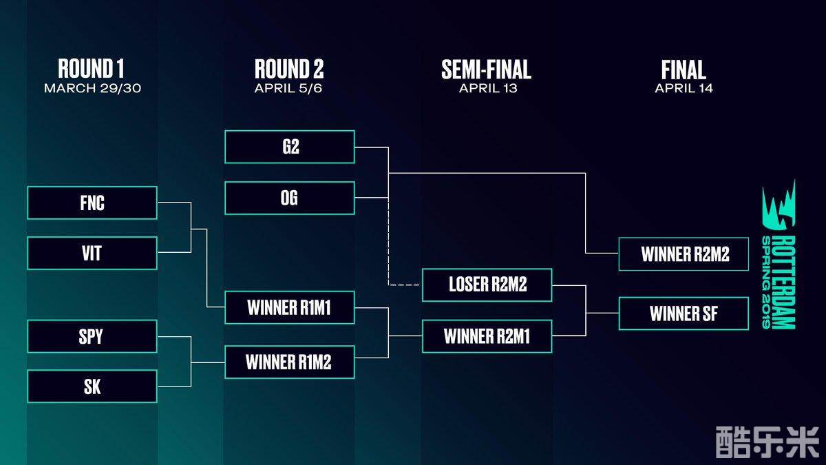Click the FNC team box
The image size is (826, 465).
(92, 203)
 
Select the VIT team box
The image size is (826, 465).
(92, 253)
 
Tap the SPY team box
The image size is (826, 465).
(92, 336)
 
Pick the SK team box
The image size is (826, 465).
(92, 386)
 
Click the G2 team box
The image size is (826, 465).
(290, 147)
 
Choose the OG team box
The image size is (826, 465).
(290, 198)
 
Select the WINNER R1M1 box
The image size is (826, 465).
(290, 307)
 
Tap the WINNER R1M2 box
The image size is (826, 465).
(290, 362)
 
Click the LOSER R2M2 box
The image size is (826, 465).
(487, 285)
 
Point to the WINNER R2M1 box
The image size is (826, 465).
(487, 336)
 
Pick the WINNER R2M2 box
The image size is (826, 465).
(684, 254)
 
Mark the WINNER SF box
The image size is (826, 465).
(684, 313)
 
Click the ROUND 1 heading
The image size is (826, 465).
(91, 69)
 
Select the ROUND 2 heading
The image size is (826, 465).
(289, 69)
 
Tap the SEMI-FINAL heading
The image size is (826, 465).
(487, 69)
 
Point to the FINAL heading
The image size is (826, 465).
(684, 69)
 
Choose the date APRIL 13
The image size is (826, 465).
(487, 88)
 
